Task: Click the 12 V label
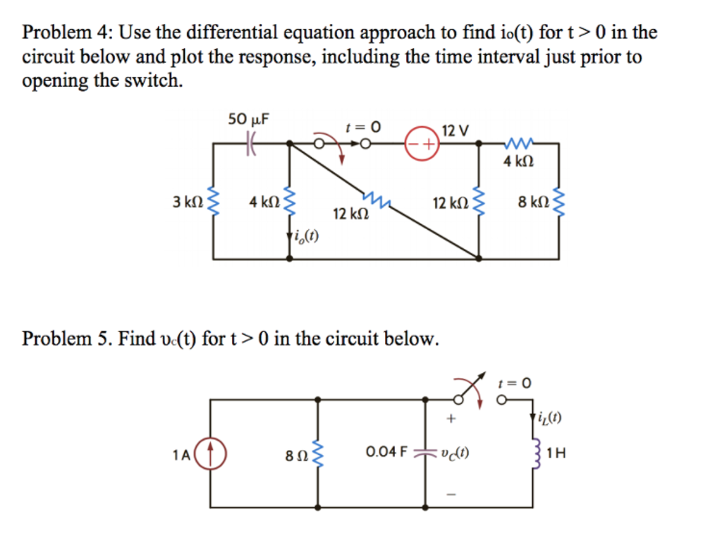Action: click(x=455, y=130)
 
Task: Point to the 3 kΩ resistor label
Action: click(x=185, y=202)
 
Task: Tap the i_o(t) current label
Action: click(x=306, y=237)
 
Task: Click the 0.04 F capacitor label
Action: click(x=386, y=451)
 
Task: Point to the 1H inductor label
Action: click(x=556, y=453)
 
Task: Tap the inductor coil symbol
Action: click(x=535, y=452)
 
